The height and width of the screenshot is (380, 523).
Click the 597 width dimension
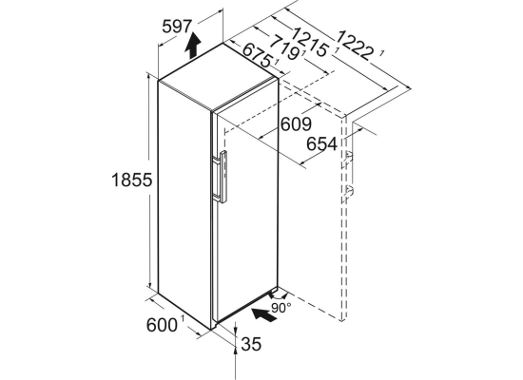coord(177,27)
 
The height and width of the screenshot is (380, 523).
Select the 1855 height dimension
coord(132,180)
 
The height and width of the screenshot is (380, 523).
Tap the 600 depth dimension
coord(162,325)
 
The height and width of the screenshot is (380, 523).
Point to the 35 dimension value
coord(251,344)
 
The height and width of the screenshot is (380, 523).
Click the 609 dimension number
coord(296,124)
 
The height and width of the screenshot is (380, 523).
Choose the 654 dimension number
coord(321,144)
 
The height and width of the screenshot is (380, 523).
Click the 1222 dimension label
coord(355,46)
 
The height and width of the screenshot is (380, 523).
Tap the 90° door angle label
coord(281,309)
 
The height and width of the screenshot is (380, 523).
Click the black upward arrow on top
coord(193,46)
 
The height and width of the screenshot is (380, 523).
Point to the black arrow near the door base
coord(264,315)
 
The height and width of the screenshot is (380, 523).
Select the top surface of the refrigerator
coord(218,77)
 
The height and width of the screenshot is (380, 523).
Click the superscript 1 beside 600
coord(183,319)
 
